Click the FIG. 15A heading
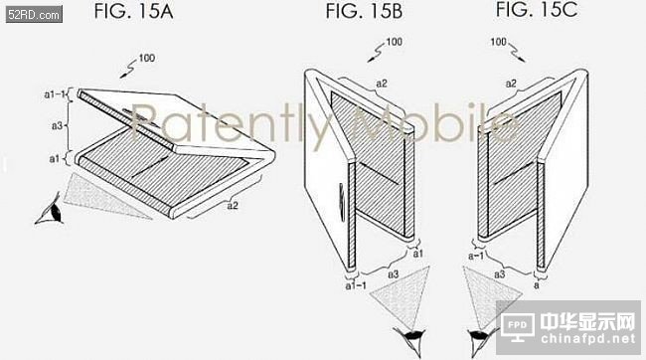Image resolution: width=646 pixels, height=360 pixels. click(133, 11)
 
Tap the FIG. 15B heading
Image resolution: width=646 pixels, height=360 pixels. click(364, 11)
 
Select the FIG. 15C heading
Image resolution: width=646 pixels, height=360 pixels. click(537, 10)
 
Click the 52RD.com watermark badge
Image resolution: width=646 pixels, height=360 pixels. click(34, 15)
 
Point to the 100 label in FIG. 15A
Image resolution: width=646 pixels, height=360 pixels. click(147, 58)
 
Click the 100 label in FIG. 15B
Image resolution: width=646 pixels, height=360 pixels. click(394, 42)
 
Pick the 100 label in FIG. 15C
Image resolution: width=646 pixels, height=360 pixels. click(498, 42)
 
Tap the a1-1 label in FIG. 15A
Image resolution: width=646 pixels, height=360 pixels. click(55, 94)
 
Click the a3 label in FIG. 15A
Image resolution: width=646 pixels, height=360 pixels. click(57, 125)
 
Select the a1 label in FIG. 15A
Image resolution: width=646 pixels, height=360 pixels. click(55, 158)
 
